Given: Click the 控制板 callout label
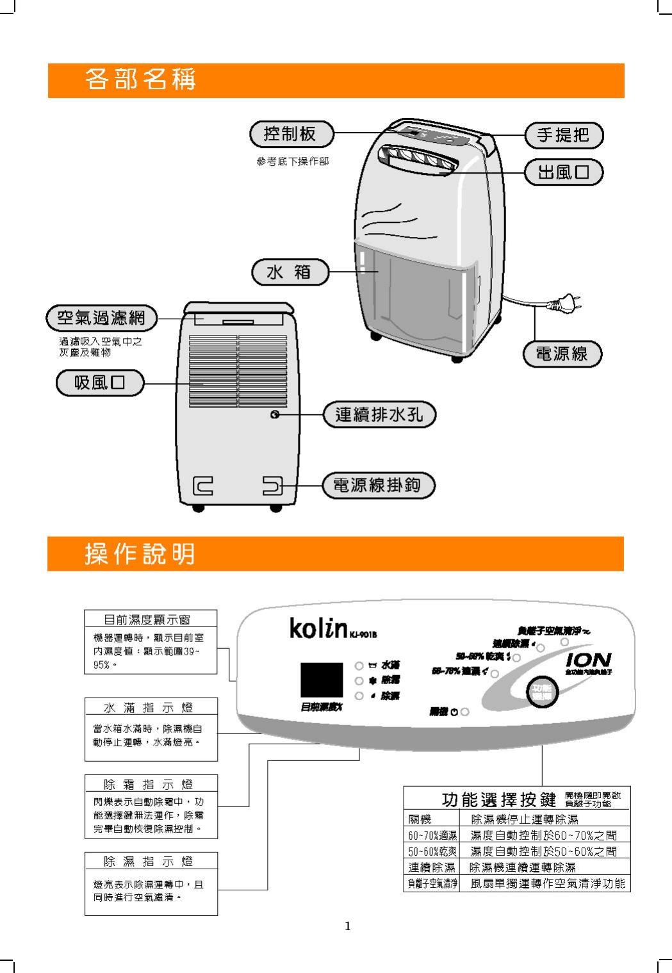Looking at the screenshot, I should point(291,134).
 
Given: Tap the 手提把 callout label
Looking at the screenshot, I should point(563,135).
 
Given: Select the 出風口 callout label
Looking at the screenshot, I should point(563,172).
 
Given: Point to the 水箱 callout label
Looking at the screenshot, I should point(289,272).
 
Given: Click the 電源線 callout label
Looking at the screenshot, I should point(562,354).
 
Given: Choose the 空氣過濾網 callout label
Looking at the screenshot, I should point(101,317).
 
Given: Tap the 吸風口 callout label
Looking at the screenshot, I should point(100,383).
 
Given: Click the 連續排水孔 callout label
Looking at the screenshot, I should point(379,414).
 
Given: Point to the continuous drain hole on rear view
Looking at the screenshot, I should point(275,415).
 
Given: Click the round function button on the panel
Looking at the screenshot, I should point(541,692).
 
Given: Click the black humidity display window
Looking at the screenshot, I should point(322,680).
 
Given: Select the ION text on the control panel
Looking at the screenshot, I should point(589,659).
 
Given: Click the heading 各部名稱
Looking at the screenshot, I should point(140,79).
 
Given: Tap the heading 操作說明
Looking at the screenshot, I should point(140,554).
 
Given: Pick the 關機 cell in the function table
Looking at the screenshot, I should point(420,819).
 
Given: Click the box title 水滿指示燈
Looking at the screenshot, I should point(151,707).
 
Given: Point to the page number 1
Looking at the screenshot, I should point(348,926).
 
